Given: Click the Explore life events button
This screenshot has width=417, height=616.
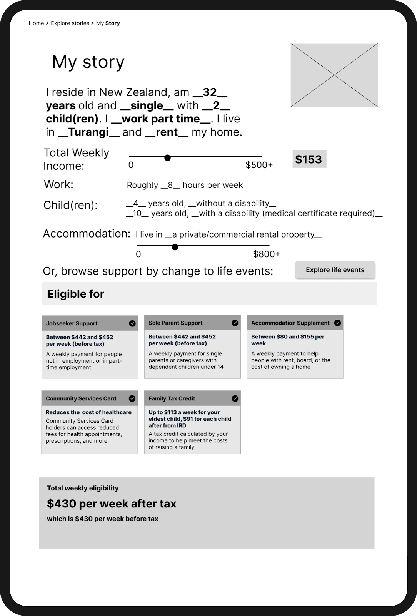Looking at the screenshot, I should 335,270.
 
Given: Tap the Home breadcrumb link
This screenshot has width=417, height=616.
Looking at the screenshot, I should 36,23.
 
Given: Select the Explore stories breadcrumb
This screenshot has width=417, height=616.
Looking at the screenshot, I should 70,23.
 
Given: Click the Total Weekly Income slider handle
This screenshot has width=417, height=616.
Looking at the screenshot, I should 167,157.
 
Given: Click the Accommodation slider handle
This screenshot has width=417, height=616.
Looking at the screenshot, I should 175,247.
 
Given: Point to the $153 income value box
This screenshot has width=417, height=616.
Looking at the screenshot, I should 309,159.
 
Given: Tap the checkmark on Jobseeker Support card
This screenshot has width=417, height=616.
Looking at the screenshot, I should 132,323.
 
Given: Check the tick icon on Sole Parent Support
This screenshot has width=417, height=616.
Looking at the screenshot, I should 235,323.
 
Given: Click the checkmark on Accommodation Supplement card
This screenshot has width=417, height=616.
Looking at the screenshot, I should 338,323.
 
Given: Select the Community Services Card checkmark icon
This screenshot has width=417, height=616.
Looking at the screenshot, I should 132,398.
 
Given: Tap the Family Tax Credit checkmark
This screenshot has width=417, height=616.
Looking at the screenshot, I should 235,398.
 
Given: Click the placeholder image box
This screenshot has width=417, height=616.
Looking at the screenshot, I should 334,75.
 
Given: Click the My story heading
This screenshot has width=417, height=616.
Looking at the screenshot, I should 88,62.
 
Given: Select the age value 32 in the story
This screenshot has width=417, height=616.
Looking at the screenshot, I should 210,92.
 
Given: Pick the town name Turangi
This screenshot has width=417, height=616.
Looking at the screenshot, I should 88,132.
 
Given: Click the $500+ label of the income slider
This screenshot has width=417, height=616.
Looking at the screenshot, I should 259,165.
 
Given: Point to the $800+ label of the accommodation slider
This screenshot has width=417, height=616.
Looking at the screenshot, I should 267,254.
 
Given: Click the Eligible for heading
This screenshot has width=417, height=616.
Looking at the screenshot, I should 76,294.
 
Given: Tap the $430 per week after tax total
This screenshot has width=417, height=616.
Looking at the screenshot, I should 112,504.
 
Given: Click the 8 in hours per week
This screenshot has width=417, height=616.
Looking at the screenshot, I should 170,185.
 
